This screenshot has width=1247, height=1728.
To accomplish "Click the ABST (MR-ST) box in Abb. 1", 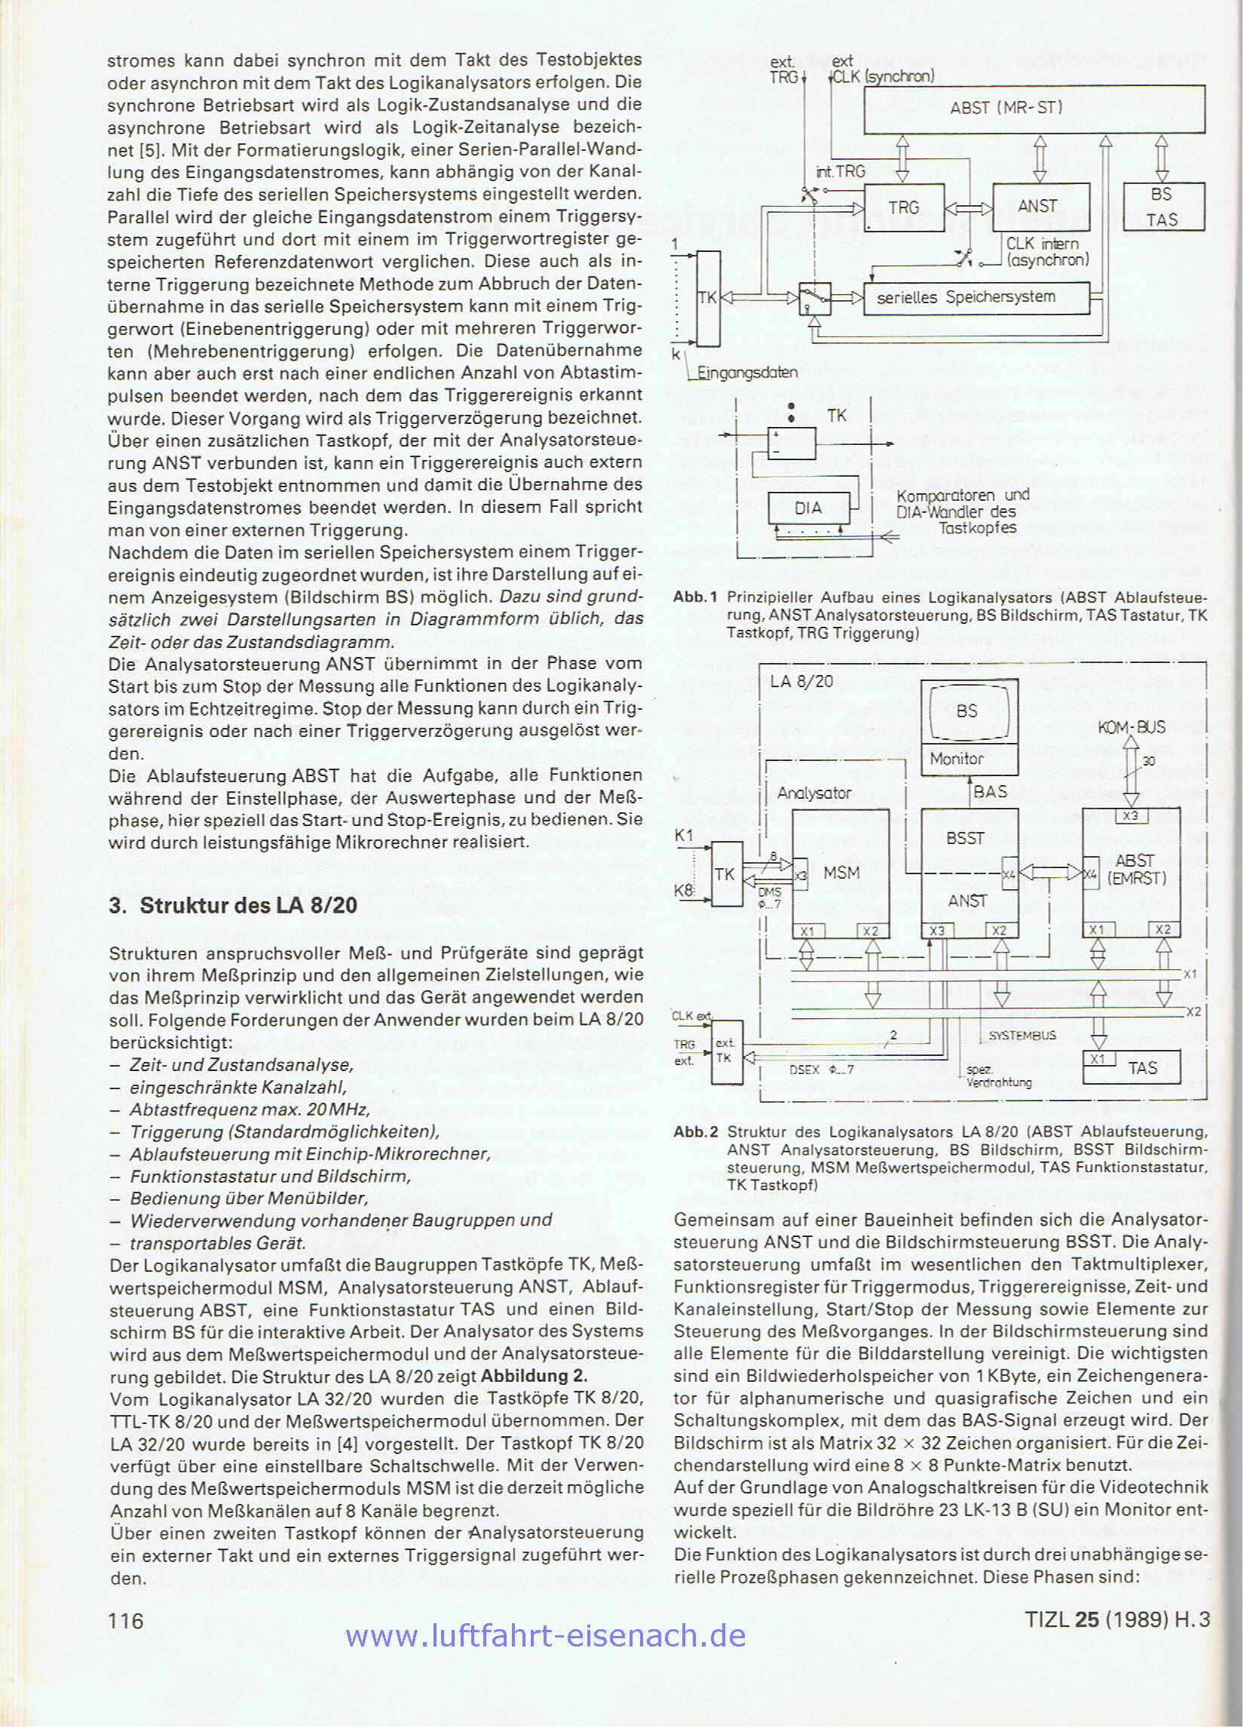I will pos(1034,107).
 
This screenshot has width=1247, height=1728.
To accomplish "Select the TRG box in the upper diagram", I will pos(903,207).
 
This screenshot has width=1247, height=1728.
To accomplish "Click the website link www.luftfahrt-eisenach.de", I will pos(545,1653).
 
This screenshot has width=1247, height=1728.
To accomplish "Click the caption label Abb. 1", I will pos(694,599).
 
